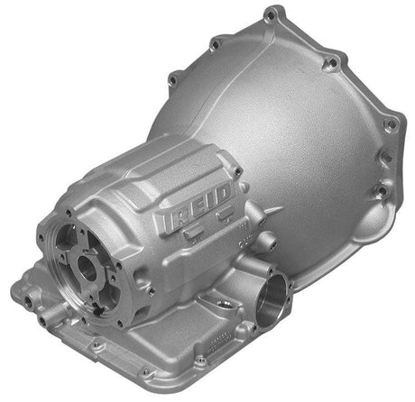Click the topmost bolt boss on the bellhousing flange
271,14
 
